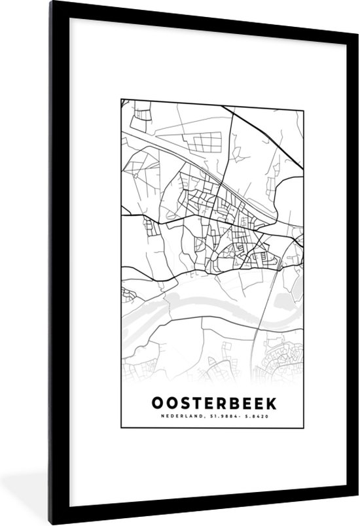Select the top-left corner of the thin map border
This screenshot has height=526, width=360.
point(122,99)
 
